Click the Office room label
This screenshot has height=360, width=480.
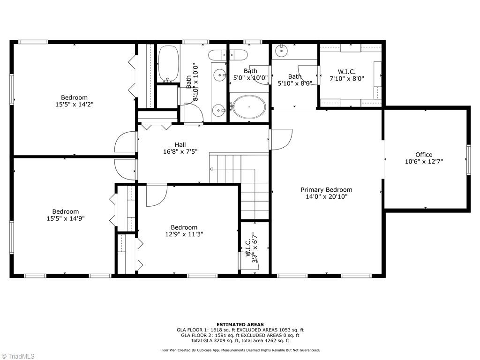(423, 155)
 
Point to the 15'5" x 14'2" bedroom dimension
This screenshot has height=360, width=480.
(74, 105)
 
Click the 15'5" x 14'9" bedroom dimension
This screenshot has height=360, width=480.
(65, 218)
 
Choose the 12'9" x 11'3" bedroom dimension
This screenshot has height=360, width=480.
(184, 234)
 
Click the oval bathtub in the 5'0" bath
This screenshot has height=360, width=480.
(249, 107)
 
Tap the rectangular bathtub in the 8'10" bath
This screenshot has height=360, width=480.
(168, 63)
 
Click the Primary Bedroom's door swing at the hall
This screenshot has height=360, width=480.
(281, 140)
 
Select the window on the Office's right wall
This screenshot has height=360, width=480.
(468, 160)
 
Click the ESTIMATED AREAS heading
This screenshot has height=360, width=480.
(240, 324)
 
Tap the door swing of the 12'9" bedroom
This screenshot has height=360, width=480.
(157, 195)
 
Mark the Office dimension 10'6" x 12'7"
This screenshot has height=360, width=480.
(423, 161)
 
